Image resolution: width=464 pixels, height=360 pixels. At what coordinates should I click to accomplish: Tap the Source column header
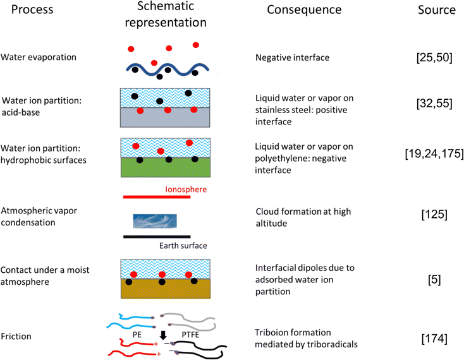[436, 11]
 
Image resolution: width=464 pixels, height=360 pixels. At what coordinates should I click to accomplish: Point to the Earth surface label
[182, 246]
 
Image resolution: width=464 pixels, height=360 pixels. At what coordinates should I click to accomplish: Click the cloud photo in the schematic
[155, 220]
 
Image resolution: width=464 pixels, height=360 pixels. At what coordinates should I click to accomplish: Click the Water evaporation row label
[39, 57]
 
